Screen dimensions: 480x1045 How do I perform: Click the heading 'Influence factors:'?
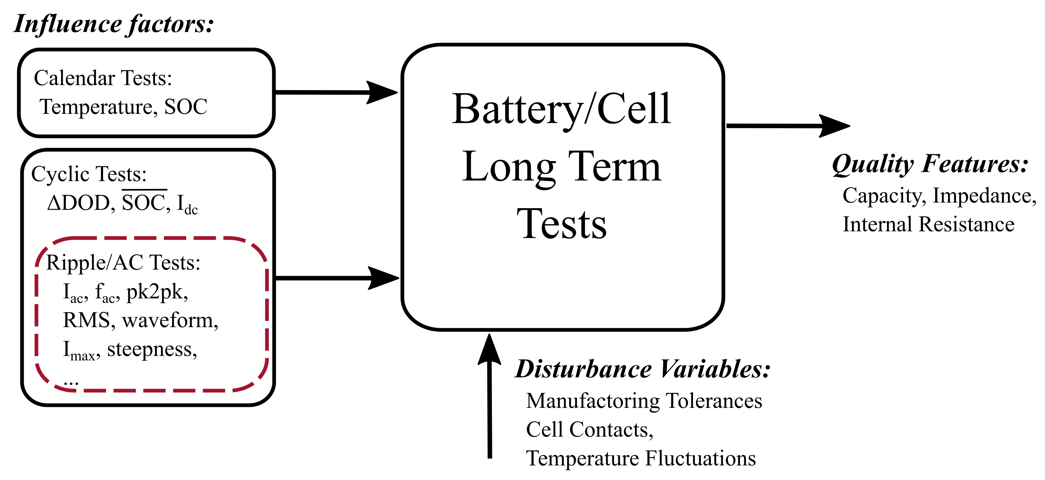pyautogui.click(x=114, y=24)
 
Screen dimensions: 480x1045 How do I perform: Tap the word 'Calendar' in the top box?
pyautogui.click(x=75, y=78)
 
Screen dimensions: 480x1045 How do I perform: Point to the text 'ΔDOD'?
pyautogui.click(x=78, y=203)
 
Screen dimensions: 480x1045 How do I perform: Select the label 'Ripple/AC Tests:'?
pyautogui.click(x=123, y=263)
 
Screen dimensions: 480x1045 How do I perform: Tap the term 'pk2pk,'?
pyautogui.click(x=157, y=292)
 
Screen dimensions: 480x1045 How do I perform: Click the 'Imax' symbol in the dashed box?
pyautogui.click(x=81, y=351)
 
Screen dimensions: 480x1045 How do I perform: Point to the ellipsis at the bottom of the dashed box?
pyautogui.click(x=71, y=382)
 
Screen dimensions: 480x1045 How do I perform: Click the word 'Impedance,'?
pyautogui.click(x=984, y=196)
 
